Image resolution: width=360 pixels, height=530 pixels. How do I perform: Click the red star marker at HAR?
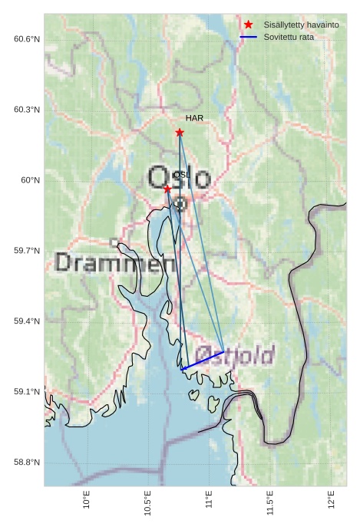click(180, 132)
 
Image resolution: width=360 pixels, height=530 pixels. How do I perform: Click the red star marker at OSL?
click(167, 189)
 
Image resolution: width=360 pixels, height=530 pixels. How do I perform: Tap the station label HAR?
click(194, 118)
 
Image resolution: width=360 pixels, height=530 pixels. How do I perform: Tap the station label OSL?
click(180, 175)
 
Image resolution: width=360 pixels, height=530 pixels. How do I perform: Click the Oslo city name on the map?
click(179, 178)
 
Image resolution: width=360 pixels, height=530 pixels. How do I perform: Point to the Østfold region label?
click(234, 355)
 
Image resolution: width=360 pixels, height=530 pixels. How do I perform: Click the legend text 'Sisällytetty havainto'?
click(301, 25)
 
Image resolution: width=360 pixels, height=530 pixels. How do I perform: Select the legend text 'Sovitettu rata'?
click(289, 37)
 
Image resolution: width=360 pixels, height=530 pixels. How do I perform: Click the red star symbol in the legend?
click(248, 25)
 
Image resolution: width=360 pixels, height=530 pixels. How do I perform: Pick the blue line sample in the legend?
click(248, 37)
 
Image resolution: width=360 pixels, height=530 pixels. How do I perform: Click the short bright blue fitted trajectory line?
click(202, 360)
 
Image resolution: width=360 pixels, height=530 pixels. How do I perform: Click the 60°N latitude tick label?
click(29, 179)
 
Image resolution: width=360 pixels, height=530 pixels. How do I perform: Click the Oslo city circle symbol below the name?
click(180, 204)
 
